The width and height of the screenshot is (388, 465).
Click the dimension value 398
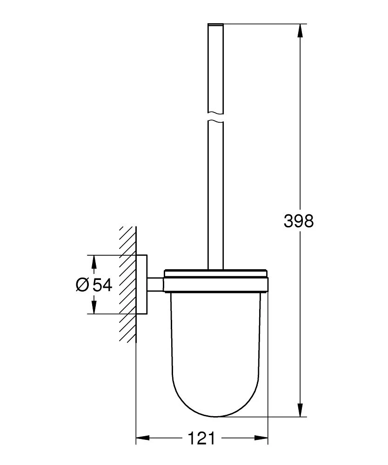(x=299, y=221)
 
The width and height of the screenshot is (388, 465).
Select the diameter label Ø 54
(x=94, y=285)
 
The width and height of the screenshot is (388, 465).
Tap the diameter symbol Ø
(x=82, y=285)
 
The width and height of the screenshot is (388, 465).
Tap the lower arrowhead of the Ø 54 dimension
(x=94, y=307)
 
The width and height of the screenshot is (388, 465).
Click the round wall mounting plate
(x=142, y=285)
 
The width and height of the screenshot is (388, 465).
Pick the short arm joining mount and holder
(x=155, y=284)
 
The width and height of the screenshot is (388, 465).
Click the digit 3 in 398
(x=289, y=221)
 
